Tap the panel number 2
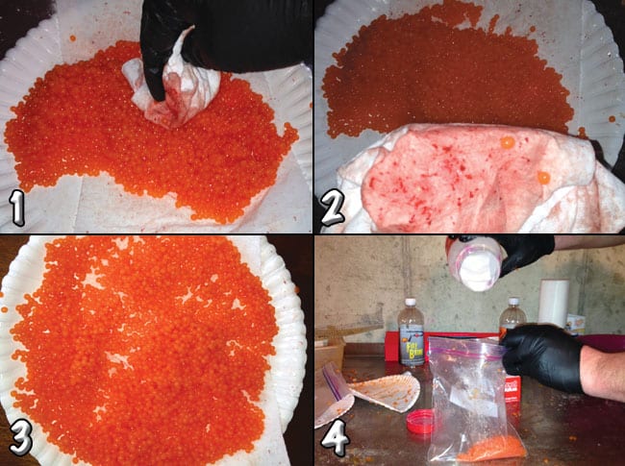[334, 208]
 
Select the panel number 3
[22, 438]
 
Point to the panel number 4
[334, 438]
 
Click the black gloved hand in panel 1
[221, 34]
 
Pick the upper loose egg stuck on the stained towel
[507, 142]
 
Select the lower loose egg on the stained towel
[543, 178]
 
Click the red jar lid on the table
[419, 421]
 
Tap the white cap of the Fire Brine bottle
[411, 304]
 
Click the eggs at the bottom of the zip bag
[490, 447]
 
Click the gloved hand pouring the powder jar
[524, 253]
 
